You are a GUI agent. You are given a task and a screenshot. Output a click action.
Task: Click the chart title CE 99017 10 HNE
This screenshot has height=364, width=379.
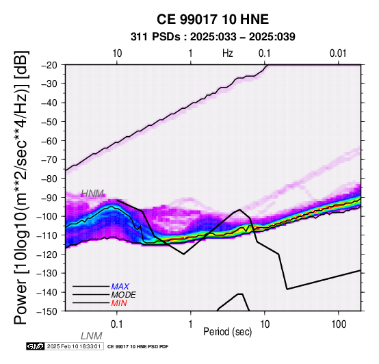click(213, 19)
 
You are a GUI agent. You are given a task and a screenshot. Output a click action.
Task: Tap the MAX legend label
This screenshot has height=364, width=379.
click(120, 287)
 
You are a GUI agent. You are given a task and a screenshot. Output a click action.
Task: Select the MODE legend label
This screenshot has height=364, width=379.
click(124, 295)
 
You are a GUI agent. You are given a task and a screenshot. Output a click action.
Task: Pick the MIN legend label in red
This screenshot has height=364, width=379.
click(119, 303)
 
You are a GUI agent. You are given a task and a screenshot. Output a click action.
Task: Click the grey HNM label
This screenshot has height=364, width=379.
click(92, 194)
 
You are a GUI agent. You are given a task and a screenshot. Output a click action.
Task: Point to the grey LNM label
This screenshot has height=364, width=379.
click(92, 336)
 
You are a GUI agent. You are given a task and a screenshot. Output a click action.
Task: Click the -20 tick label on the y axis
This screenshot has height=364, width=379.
click(50, 65)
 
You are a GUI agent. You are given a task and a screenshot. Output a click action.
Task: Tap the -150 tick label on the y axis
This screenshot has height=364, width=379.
click(48, 311)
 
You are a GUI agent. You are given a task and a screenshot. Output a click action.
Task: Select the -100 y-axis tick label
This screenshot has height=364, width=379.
click(48, 216)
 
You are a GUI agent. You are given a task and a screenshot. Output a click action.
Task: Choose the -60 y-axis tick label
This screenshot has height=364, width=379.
click(50, 141)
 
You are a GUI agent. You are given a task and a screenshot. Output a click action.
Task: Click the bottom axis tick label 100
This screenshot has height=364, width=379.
click(339, 324)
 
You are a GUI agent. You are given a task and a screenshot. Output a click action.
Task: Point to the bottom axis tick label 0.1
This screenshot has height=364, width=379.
click(117, 324)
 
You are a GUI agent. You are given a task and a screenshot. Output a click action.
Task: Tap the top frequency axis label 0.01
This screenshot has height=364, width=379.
click(338, 53)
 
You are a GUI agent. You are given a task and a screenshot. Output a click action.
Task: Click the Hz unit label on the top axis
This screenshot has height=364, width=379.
click(227, 53)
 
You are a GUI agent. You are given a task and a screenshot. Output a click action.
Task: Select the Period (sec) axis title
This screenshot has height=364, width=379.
click(227, 332)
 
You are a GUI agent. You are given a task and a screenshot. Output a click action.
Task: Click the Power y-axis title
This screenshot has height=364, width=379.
click(21, 187)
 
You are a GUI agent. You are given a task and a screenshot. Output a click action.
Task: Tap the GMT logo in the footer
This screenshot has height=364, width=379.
click(36, 346)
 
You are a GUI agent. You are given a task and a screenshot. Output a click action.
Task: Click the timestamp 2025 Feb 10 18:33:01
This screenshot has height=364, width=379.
click(74, 346)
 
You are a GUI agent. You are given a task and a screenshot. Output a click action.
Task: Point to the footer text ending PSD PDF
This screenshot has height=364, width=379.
click(138, 347)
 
